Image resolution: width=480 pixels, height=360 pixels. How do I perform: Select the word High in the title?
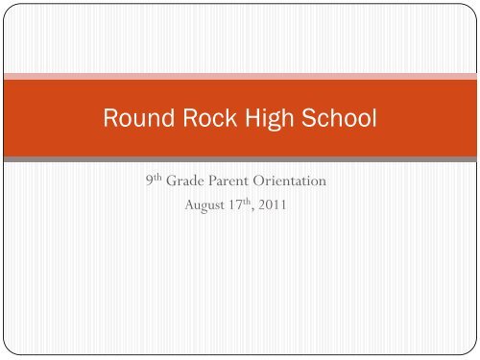tap(266, 122)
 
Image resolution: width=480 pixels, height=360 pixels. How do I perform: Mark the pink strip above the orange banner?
tap(240, 75)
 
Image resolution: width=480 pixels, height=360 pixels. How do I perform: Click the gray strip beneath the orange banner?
tap(240, 157)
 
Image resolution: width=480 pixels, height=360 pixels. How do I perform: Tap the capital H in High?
tap(251, 122)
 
